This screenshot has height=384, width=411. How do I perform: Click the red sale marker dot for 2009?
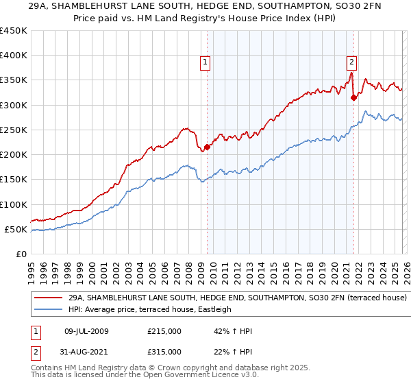coord(207,147)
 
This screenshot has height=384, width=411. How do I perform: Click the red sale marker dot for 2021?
coord(354,97)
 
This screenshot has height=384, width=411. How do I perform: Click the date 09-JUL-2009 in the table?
coord(82,331)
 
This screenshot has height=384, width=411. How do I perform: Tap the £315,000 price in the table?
coord(164,352)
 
